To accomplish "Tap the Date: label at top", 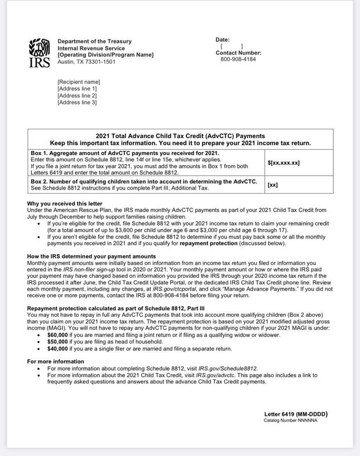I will (223, 39).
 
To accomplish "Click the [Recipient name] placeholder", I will (78, 82).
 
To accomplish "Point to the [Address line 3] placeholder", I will (77, 103).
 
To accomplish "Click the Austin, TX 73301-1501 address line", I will (87, 61).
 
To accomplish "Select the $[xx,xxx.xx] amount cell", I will (283, 163).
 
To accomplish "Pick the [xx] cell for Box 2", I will (272, 185).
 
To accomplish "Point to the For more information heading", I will (55, 361).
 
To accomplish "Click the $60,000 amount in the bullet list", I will (57, 335).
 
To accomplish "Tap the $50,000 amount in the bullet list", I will (57, 342).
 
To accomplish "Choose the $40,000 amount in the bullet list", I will (57, 349).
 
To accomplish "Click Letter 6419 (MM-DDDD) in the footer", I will (296, 414).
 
